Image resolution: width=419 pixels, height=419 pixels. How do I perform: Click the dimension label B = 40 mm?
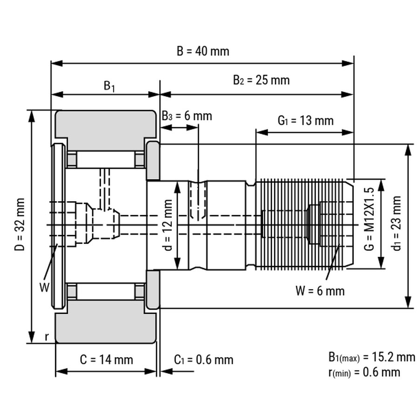(x=203, y=51)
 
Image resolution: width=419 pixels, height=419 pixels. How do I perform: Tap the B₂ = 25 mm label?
(x=261, y=80)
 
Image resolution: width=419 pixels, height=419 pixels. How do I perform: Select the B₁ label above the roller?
(x=109, y=86)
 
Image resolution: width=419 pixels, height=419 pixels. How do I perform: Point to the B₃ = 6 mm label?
(x=187, y=115)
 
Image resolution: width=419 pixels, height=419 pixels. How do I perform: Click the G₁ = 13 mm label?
(x=305, y=121)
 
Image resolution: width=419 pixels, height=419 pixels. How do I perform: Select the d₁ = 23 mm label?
(x=397, y=223)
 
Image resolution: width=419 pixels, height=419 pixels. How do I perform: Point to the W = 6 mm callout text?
(x=320, y=291)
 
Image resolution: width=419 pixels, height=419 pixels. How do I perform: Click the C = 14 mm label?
(x=106, y=359)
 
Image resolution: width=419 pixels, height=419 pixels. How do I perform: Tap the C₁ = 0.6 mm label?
(x=203, y=359)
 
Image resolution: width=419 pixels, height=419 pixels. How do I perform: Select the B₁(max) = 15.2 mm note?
(x=371, y=358)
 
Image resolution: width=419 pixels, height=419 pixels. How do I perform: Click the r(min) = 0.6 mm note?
(x=364, y=372)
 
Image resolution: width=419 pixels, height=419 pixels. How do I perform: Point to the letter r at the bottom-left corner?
(x=47, y=337)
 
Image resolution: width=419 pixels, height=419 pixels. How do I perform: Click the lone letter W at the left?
(x=43, y=287)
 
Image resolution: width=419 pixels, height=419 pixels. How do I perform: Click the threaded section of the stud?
(x=303, y=224)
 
